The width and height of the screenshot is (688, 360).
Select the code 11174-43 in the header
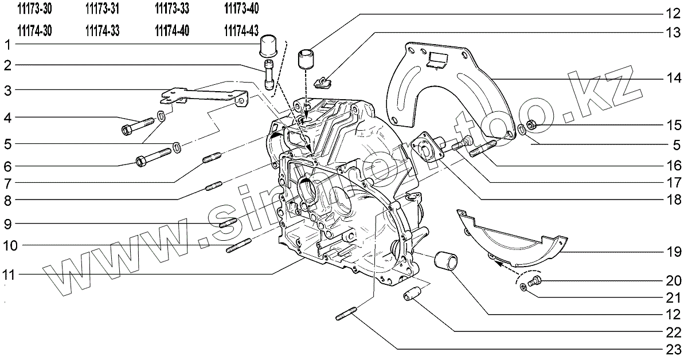tap(240, 30)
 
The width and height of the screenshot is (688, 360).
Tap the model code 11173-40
tap(240, 9)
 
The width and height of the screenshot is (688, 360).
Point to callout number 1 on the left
tap(7, 44)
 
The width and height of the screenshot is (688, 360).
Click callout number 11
tap(7, 275)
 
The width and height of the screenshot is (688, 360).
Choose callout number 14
tap(673, 79)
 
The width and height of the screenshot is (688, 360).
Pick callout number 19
tap(673, 252)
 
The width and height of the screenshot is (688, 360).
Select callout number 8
tap(7, 200)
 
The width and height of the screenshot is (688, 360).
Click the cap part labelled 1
tap(269, 45)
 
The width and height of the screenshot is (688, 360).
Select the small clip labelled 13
tap(325, 82)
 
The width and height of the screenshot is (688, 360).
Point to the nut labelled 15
tap(531, 124)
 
